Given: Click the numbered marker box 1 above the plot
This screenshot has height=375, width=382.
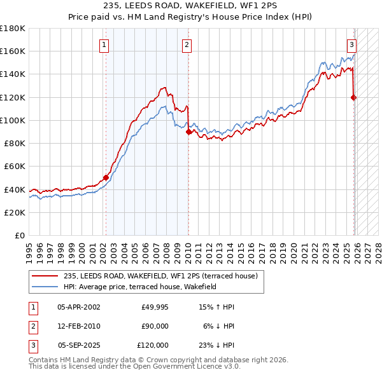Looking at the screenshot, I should click(104, 44).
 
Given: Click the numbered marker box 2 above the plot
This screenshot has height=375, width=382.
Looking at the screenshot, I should click(187, 44).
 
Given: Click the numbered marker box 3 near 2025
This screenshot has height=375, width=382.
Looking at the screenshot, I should click(351, 44).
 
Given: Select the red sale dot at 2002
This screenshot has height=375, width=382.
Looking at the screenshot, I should click(106, 178).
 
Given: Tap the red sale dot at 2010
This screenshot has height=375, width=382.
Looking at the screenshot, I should click(189, 132).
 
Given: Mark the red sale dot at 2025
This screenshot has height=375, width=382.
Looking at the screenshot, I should click(353, 97).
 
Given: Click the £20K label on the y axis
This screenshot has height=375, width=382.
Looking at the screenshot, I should click(15, 212).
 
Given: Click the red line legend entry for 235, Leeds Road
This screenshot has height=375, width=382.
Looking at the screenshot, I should click(160, 276).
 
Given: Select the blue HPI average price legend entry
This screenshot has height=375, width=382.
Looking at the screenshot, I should click(140, 287).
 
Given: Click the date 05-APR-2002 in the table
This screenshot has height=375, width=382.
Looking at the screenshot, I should click(78, 307).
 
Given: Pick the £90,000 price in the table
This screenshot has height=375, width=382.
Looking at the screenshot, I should click(155, 326).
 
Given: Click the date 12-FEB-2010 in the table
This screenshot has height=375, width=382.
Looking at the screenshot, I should click(78, 326).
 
